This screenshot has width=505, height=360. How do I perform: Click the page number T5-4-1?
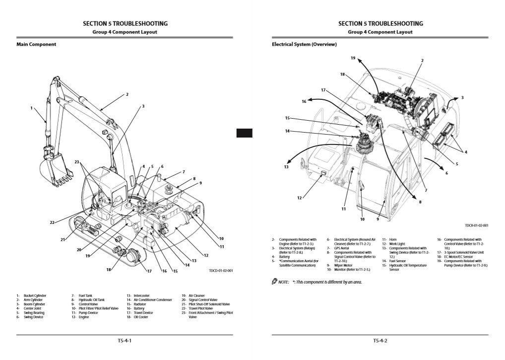(x=125, y=341)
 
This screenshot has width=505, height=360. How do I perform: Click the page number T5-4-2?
(x=380, y=341)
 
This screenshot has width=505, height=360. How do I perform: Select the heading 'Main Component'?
(x=36, y=44)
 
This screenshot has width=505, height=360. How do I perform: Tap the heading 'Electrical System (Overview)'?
(x=304, y=44)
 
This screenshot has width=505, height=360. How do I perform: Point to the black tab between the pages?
(x=244, y=133)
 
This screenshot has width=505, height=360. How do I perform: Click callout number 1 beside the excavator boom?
(x=31, y=108)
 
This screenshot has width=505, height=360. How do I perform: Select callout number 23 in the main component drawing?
(x=77, y=162)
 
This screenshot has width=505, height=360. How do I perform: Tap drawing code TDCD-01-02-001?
(x=221, y=271)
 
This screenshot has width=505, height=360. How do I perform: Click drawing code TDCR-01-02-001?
(x=477, y=225)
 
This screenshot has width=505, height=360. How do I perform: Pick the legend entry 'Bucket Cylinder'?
(x=34, y=295)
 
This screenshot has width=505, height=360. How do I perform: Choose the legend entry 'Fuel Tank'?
(x=85, y=295)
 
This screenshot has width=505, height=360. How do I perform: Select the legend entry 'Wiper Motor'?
(x=344, y=265)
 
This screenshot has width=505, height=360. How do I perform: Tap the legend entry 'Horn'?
(x=393, y=239)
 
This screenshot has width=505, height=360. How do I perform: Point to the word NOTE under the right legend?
(x=283, y=282)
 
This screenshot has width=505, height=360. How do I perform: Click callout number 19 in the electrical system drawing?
(x=353, y=58)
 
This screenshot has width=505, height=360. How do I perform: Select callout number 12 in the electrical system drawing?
(x=299, y=198)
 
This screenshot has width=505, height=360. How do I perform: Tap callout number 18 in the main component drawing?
(x=109, y=269)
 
